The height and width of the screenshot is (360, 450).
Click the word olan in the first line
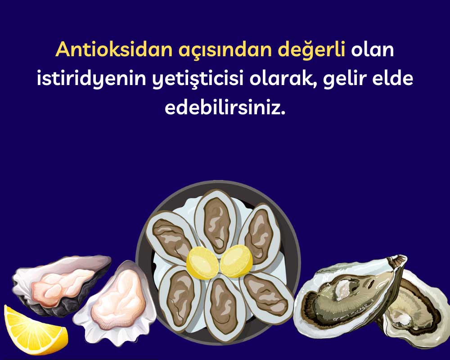tap(372, 50)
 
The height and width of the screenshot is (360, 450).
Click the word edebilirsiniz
tap(225, 108)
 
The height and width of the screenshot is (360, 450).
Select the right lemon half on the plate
tap(237, 261)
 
